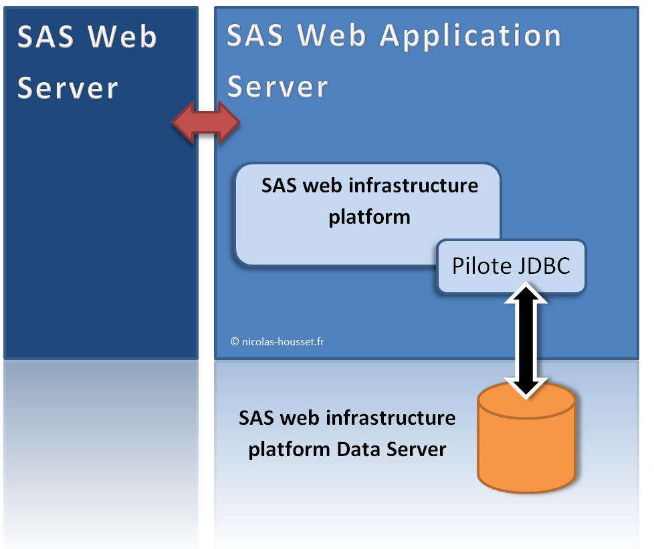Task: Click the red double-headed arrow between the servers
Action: pyautogui.click(x=206, y=122)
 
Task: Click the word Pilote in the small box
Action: pyautogui.click(x=481, y=266)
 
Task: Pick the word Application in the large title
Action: pyautogui.click(x=471, y=36)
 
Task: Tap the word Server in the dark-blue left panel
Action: pyautogui.click(x=68, y=88)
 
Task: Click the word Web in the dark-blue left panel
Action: pyautogui.click(x=123, y=37)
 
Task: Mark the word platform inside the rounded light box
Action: pyautogui.click(x=369, y=216)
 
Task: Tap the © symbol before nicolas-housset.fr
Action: pyautogui.click(x=235, y=341)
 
